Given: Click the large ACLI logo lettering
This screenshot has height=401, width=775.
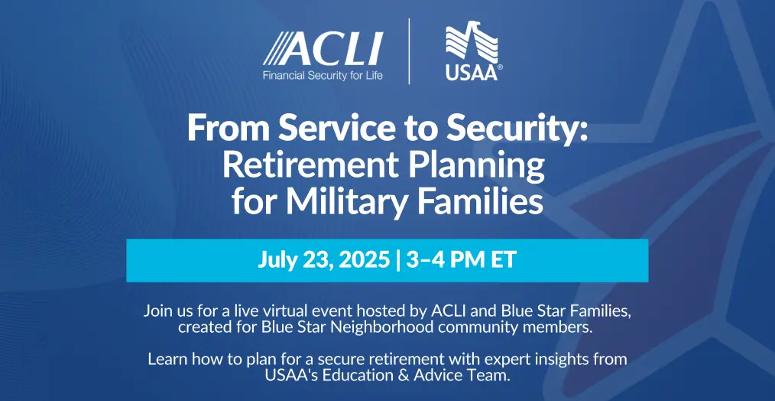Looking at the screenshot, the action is tap(323, 48).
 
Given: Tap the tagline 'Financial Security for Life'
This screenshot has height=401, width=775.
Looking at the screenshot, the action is tap(323, 77).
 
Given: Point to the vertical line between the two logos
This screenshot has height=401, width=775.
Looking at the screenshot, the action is tap(409, 51).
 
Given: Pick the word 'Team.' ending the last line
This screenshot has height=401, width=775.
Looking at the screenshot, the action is tap(492, 375).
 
